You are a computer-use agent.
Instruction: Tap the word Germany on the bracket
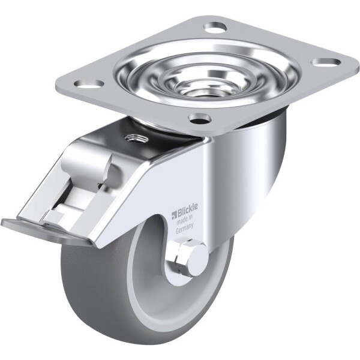[184, 229]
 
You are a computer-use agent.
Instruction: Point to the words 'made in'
[184, 220]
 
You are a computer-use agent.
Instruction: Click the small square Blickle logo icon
[174, 215]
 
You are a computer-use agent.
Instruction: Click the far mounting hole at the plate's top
[216, 27]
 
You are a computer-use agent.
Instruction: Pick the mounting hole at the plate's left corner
[89, 83]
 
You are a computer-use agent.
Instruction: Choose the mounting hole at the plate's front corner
[200, 118]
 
